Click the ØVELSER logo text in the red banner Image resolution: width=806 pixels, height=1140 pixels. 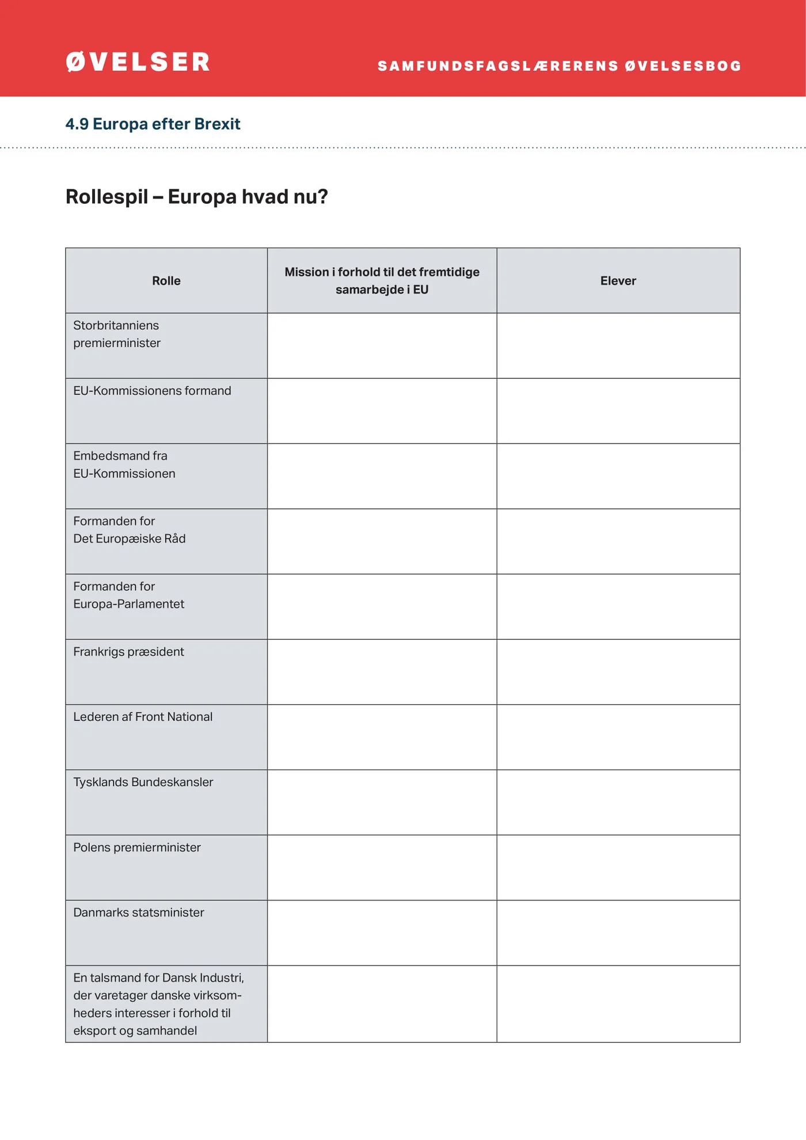click(x=138, y=62)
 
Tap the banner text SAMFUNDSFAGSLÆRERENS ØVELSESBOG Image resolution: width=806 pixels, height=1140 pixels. click(x=559, y=66)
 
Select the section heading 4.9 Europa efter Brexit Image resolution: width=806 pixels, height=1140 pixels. click(x=153, y=124)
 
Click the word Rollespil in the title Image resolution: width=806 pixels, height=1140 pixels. click(x=107, y=197)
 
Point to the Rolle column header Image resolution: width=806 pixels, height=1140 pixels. click(x=166, y=281)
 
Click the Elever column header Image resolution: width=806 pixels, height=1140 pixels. click(x=618, y=281)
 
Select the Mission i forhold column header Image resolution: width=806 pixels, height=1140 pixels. click(x=382, y=281)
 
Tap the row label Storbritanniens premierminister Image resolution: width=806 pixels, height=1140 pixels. click(x=117, y=334)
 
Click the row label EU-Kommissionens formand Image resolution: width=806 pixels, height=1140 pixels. click(x=152, y=391)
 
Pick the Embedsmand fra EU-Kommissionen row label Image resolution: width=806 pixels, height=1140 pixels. click(x=124, y=465)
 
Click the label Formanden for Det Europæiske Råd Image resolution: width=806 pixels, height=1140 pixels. click(x=129, y=530)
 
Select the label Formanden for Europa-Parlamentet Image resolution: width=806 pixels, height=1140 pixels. click(x=128, y=595)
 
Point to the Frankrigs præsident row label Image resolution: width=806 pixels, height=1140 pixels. click(x=128, y=652)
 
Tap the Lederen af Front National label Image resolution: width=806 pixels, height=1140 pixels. click(x=143, y=717)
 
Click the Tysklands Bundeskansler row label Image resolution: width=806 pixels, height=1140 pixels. click(x=143, y=782)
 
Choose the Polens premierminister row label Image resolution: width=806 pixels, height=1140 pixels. click(x=137, y=848)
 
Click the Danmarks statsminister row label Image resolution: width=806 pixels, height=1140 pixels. click(x=138, y=913)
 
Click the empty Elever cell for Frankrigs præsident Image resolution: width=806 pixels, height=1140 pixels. click(x=618, y=672)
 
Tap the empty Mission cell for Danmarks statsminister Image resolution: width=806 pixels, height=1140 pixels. click(x=382, y=933)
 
